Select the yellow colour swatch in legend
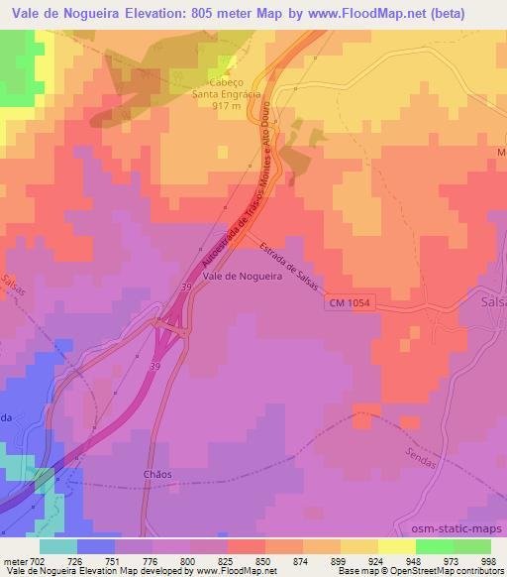click(397, 546)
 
